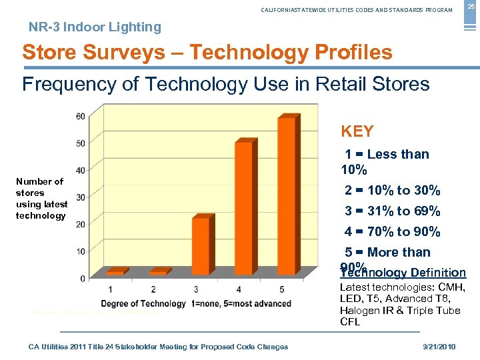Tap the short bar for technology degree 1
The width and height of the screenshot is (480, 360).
[x=115, y=272]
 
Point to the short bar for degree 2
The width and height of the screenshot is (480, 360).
[x=158, y=272]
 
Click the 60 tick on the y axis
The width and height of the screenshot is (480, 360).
[x=80, y=117]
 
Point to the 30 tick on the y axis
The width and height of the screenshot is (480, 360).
[x=80, y=197]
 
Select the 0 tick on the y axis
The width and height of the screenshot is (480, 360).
[x=82, y=277]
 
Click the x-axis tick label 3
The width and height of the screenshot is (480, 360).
[x=196, y=289]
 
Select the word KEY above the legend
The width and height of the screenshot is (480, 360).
[x=357, y=131]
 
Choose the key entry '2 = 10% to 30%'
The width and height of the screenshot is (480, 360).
[x=392, y=191]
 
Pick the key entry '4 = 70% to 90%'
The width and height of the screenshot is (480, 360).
[x=392, y=232]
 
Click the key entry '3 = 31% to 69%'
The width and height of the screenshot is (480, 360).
[x=392, y=211]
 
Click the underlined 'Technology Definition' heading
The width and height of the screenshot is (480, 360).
[x=403, y=273]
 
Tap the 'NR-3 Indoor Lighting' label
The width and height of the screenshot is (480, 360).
[x=95, y=27]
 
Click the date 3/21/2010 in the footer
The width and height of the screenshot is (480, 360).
[x=440, y=347]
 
